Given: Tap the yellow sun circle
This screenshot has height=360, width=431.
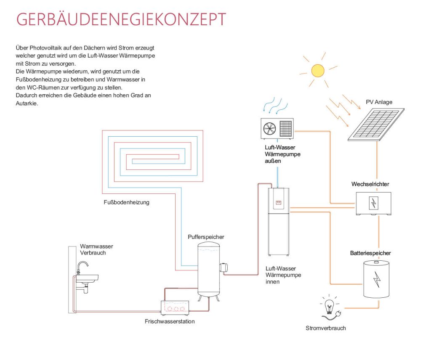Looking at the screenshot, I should click(x=317, y=69).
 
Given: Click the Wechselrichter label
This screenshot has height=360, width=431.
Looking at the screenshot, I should click(x=370, y=184).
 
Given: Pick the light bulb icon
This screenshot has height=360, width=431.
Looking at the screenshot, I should click(x=329, y=307).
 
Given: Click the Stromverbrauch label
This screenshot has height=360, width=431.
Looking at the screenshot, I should click(x=325, y=328).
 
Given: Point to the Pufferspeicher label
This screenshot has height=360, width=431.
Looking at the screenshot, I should click(x=206, y=237).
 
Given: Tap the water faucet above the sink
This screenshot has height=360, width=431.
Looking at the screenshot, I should click(x=83, y=266).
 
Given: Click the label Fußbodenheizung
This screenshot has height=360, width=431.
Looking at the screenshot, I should click(x=126, y=202).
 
